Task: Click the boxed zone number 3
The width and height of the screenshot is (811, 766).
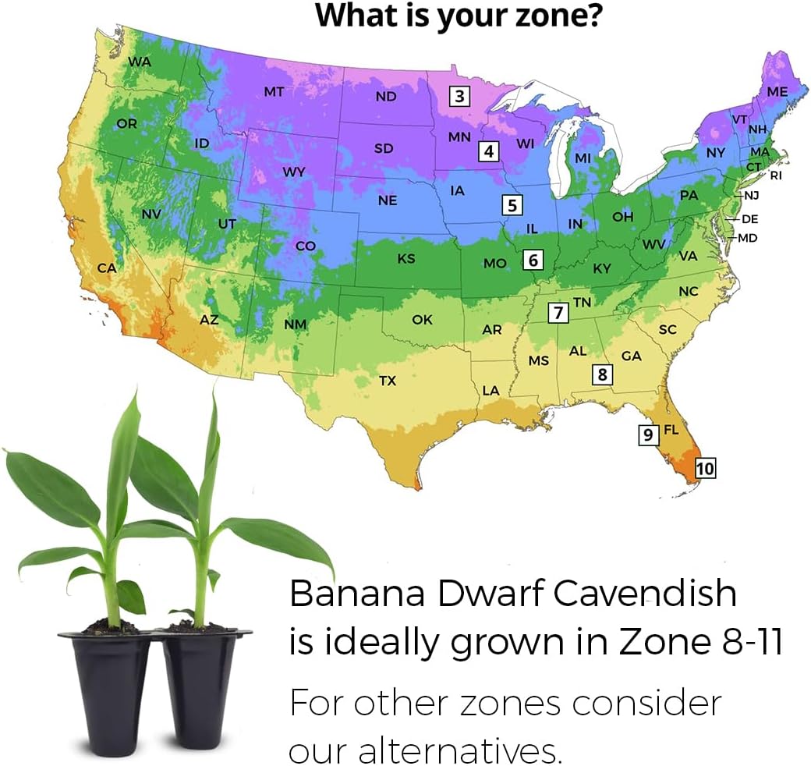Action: [x=460, y=97]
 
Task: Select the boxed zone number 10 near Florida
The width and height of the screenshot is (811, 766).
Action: [x=705, y=468]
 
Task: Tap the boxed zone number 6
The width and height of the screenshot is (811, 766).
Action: [x=533, y=260]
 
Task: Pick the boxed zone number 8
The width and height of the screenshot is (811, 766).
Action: [x=601, y=374]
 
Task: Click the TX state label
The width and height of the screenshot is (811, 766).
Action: [x=388, y=381]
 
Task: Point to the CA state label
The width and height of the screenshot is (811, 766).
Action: [x=107, y=268]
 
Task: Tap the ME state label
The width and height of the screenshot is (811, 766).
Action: [x=777, y=91]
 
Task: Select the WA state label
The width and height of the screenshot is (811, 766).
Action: [x=140, y=62]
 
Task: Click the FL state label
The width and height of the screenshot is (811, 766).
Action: [x=671, y=431]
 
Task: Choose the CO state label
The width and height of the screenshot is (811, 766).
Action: [x=305, y=246]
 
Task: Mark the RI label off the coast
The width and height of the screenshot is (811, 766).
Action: [x=775, y=176]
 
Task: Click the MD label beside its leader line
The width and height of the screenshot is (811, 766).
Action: [x=748, y=238]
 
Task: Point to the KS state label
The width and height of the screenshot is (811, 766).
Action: [x=406, y=258]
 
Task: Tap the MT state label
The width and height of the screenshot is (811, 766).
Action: [x=274, y=91]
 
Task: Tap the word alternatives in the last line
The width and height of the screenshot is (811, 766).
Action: [x=460, y=750]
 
